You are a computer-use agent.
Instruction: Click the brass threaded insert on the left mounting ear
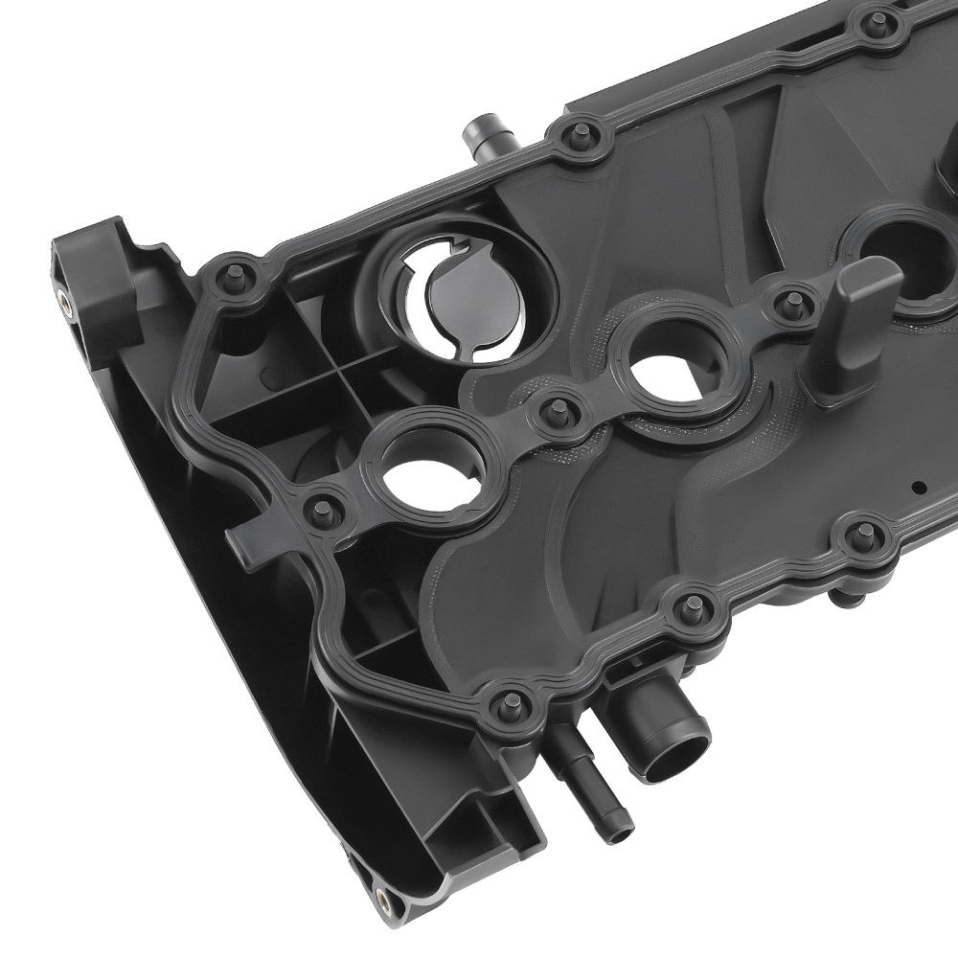[x=63, y=304]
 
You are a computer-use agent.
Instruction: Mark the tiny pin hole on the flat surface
[x=917, y=487]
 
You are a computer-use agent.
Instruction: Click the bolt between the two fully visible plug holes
[x=554, y=413]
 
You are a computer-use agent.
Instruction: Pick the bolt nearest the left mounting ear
[x=233, y=278]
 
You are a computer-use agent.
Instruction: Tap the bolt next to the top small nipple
[x=581, y=133]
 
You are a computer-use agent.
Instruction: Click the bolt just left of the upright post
[x=791, y=305]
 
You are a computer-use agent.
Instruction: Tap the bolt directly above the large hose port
[x=689, y=605]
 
